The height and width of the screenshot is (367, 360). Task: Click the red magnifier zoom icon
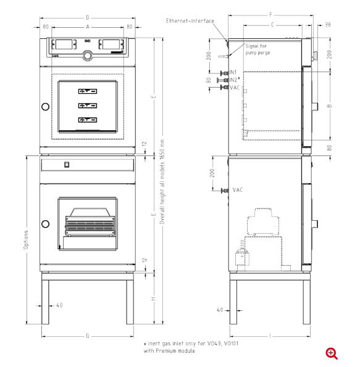[332, 353]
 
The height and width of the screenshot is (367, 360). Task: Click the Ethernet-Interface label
[190, 21]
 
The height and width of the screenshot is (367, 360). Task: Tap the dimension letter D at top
[88, 17]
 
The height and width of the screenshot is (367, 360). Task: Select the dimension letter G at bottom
[88, 336]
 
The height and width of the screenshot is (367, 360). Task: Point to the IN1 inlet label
[233, 72]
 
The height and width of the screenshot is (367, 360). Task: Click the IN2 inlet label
[234, 80]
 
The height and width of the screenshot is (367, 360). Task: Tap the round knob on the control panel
[87, 56]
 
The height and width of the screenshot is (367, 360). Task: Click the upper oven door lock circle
[45, 107]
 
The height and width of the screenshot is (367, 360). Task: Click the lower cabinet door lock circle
[45, 224]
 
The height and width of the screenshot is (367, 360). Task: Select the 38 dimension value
[328, 25]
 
